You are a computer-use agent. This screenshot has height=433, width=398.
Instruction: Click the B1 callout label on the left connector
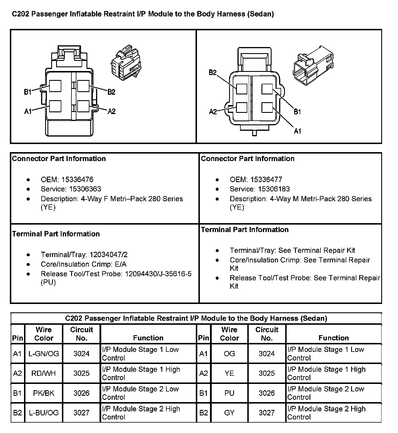pyautogui.click(x=27, y=92)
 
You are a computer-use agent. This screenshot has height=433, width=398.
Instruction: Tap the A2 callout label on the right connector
pyautogui.click(x=213, y=112)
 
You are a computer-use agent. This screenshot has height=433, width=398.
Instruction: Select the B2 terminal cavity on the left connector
pyautogui.click(x=83, y=86)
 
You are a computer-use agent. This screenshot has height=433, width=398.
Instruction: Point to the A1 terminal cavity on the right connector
pyautogui.click(x=267, y=107)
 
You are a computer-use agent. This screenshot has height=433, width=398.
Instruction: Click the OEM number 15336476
pyautogui.click(x=77, y=180)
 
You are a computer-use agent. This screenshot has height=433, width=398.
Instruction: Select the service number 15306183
pyautogui.click(x=274, y=189)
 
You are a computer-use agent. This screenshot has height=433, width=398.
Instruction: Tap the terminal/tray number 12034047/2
pyautogui.click(x=108, y=255)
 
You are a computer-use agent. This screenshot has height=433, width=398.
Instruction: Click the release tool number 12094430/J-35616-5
pyautogui.click(x=158, y=274)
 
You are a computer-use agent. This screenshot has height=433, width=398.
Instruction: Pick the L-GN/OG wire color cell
pyautogui.click(x=44, y=354)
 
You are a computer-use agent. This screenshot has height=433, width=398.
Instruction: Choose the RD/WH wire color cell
pyautogui.click(x=44, y=373)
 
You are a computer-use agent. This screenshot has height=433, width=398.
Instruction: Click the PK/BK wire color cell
pyautogui.click(x=44, y=393)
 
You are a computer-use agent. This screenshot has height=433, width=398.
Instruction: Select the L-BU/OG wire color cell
pyautogui.click(x=44, y=413)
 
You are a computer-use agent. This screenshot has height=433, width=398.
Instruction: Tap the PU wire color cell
pyautogui.click(x=229, y=393)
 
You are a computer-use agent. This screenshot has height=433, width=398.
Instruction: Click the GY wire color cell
pyautogui.click(x=229, y=413)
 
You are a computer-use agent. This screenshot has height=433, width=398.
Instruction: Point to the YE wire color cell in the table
pyautogui.click(x=229, y=373)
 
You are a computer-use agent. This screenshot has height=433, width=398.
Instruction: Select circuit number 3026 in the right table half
pyautogui.click(x=267, y=393)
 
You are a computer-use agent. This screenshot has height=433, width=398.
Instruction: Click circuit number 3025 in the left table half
pyautogui.click(x=81, y=373)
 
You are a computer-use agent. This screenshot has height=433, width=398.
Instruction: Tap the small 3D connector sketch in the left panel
pyautogui.click(x=126, y=65)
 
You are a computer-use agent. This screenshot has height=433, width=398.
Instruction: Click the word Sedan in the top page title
pyautogui.click(x=260, y=14)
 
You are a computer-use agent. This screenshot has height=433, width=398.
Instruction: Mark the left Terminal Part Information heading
pyautogui.click(x=56, y=234)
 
